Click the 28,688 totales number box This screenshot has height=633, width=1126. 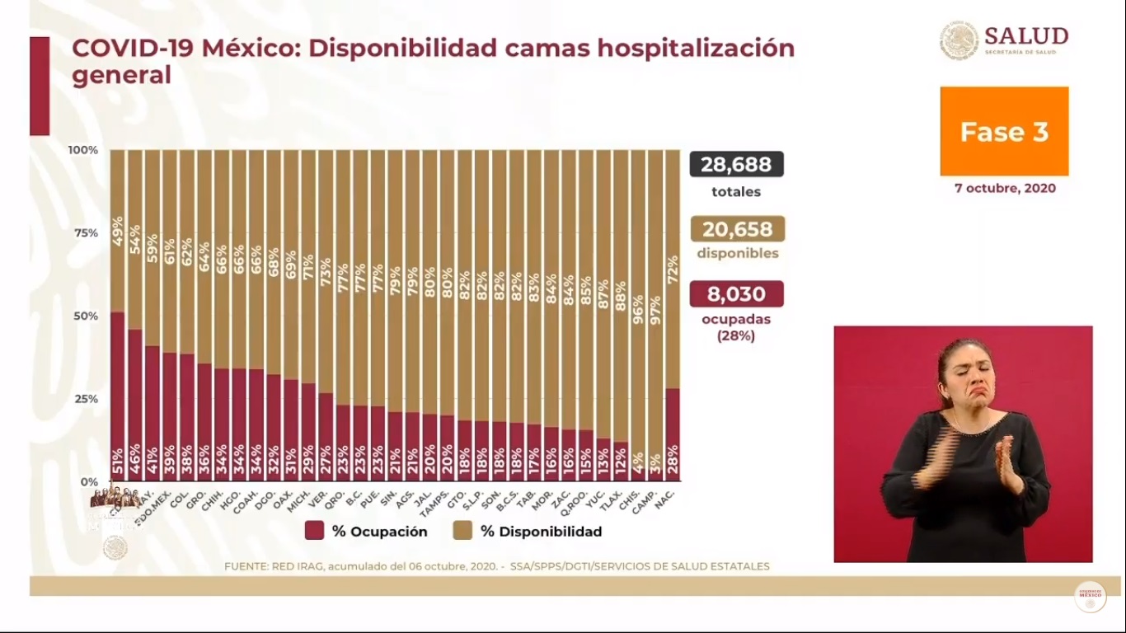(x=736, y=164)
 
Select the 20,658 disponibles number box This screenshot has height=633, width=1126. (x=737, y=229)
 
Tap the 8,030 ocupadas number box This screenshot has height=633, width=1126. (x=736, y=294)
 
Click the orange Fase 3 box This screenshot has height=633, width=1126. (x=1004, y=132)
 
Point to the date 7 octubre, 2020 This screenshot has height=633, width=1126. (x=1005, y=188)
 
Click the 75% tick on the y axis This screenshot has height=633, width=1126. (x=86, y=233)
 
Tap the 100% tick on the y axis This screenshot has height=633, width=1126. (x=82, y=150)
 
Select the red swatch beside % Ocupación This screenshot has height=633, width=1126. (x=314, y=531)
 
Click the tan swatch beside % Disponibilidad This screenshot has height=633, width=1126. (x=462, y=531)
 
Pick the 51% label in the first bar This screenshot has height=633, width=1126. (x=117, y=459)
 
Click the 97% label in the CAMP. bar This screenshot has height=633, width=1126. (x=655, y=309)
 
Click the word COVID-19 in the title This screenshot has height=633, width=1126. (x=132, y=49)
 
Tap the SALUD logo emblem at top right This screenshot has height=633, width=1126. (x=959, y=40)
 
